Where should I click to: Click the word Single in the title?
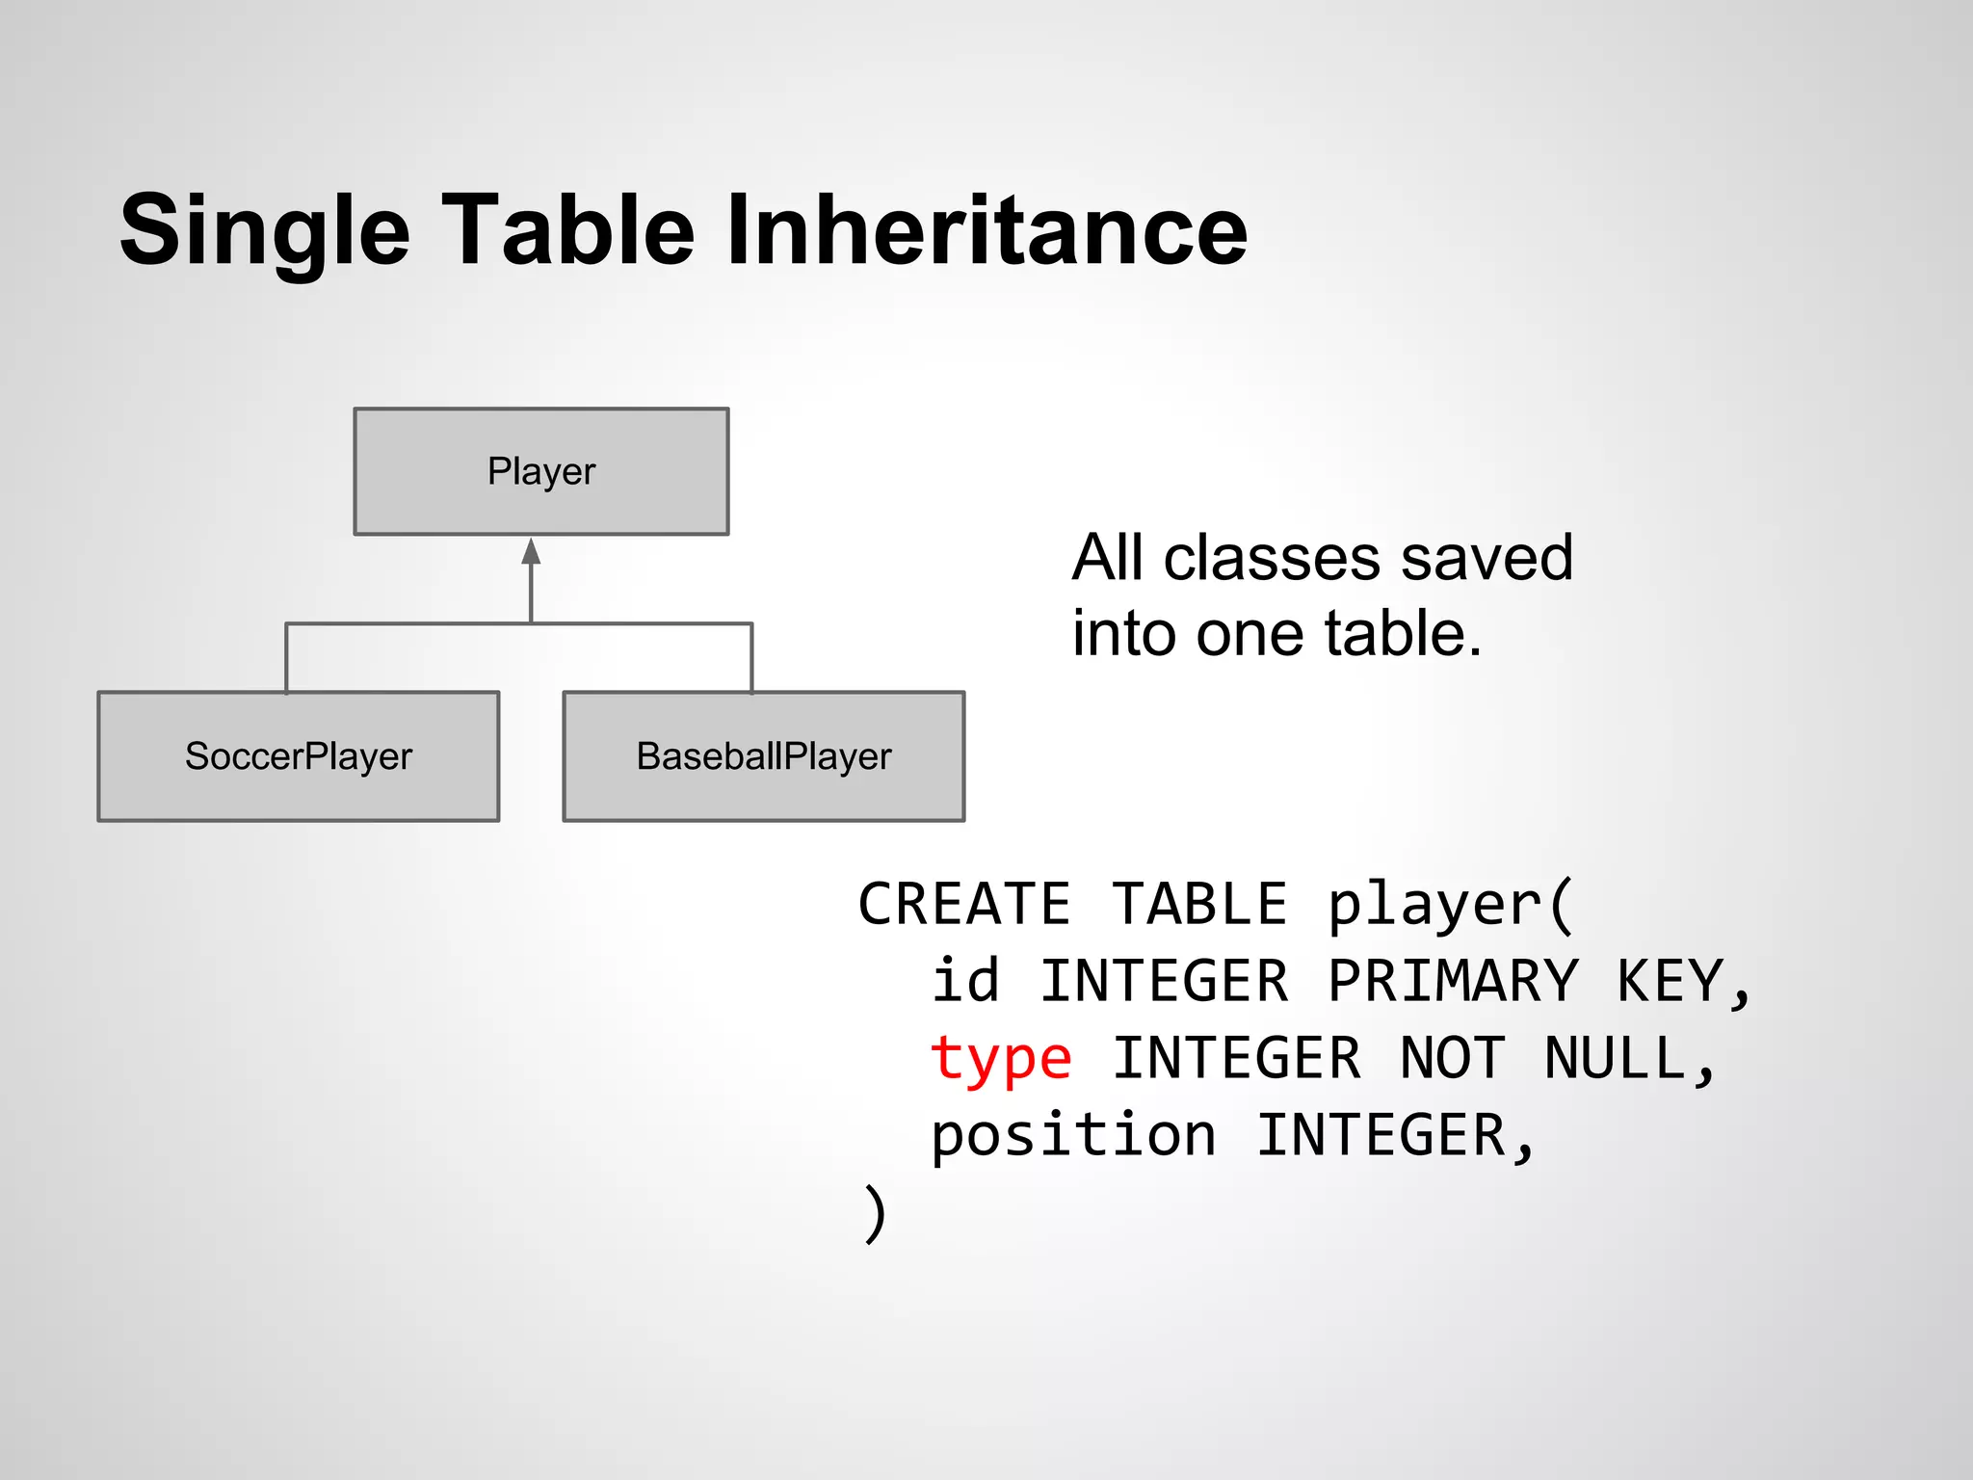pyautogui.click(x=265, y=231)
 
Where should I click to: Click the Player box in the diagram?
pyautogui.click(x=540, y=471)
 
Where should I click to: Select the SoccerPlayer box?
pyautogui.click(x=298, y=756)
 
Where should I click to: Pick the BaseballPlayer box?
pyautogui.click(x=763, y=756)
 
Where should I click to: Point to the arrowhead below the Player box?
pyautogui.click(x=531, y=552)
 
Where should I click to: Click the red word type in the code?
pyautogui.click(x=1000, y=1059)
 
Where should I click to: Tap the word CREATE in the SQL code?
pyautogui.click(x=963, y=904)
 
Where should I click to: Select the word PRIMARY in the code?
pyautogui.click(x=1453, y=981)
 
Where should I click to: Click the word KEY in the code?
pyautogui.click(x=1670, y=981)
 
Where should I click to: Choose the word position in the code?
pyautogui.click(x=1073, y=1135)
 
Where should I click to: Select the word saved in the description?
pyautogui.click(x=1486, y=558)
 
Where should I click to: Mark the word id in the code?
pyautogui.click(x=965, y=981)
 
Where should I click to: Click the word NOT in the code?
pyautogui.click(x=1451, y=1058)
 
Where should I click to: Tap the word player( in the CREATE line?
pyautogui.click(x=1450, y=906)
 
